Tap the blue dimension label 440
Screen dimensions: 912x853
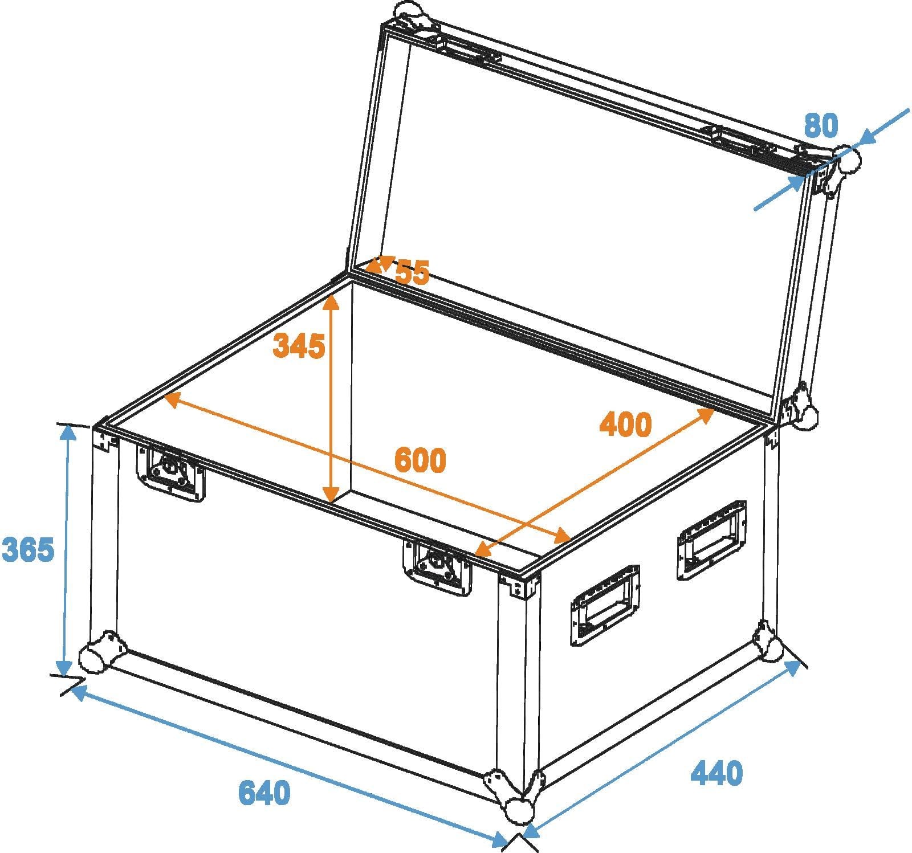716,773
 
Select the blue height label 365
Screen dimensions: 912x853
28,549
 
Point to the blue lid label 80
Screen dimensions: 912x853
821,125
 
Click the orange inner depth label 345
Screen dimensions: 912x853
299,346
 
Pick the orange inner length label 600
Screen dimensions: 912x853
420,460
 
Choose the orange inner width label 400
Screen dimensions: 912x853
625,424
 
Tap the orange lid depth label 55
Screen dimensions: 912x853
412,272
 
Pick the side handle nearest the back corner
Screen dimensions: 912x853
712,540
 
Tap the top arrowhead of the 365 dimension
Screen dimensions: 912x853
68,433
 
